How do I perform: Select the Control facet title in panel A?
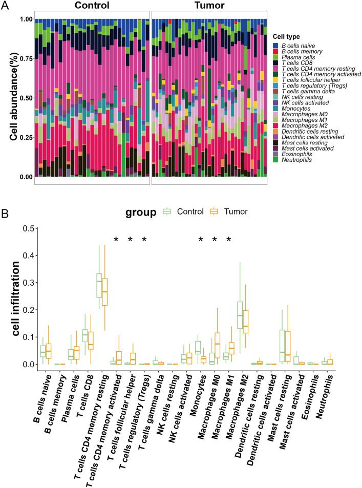(x=92, y=6)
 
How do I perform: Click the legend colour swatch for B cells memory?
(x=275, y=52)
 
